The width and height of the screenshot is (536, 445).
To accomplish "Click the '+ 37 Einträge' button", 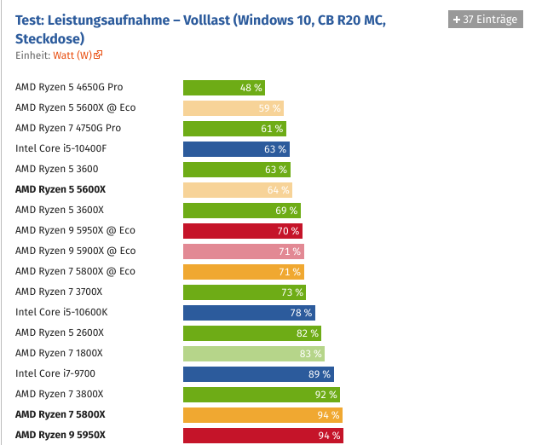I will [x=484, y=20].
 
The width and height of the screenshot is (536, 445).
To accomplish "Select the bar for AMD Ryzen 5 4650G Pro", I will [x=224, y=87].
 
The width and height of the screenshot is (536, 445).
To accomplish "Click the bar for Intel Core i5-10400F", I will [x=236, y=149].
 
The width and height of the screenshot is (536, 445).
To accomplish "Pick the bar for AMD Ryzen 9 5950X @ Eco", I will [x=243, y=231].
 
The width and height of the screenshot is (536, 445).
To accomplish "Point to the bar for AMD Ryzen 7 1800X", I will [x=254, y=354].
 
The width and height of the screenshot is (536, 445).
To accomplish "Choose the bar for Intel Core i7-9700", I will [x=258, y=374].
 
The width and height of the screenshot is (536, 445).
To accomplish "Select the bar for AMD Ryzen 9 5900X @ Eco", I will [x=244, y=251].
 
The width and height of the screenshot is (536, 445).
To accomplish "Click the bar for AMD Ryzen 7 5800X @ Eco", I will [x=244, y=272].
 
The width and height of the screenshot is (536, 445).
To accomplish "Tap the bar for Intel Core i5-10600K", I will [x=249, y=313].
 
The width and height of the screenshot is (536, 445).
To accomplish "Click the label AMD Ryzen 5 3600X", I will [x=60, y=210].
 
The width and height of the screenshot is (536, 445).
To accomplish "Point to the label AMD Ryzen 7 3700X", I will [x=60, y=292].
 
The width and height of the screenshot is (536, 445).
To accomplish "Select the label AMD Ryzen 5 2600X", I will [x=60, y=332].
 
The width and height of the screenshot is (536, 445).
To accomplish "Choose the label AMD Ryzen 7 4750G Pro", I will [x=68, y=128].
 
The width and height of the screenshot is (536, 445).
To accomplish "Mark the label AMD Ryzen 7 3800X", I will [x=60, y=394].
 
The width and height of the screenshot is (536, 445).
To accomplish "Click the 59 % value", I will [x=269, y=108].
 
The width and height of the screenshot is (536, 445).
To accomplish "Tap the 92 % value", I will [x=326, y=395].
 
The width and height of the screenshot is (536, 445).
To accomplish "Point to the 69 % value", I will [x=287, y=211].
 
